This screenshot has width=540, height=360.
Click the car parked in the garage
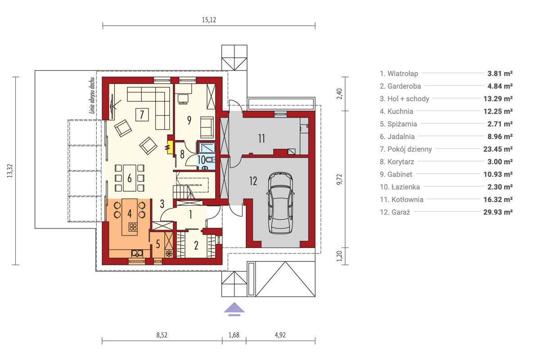coord(280,203)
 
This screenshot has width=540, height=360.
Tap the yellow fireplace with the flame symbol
coord(170,147)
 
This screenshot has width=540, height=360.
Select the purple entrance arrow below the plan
coord(234,309)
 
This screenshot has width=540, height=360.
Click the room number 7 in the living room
coord(142,115)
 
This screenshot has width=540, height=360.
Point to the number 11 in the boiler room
coord(261,139)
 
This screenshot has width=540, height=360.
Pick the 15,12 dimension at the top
coord(209,20)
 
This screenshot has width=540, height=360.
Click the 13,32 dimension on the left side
coord(9,171)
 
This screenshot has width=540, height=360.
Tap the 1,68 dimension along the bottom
coord(234,335)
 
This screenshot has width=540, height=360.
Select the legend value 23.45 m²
coord(498,149)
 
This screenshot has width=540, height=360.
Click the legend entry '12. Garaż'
coord(395,212)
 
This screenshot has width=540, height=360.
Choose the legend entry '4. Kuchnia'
coord(396,112)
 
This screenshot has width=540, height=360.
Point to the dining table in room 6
coord(130,178)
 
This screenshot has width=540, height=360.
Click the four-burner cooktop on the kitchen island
coord(133,227)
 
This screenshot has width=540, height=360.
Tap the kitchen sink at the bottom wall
coord(137,253)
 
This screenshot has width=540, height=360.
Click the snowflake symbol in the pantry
coord(169,253)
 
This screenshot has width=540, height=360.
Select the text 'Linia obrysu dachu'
coord(92,95)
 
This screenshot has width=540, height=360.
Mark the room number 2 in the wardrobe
coord(196,245)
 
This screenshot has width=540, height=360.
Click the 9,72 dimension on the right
coord(339,180)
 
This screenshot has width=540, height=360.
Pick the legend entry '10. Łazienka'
coord(400,187)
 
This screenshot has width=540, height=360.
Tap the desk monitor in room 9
coord(183,99)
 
